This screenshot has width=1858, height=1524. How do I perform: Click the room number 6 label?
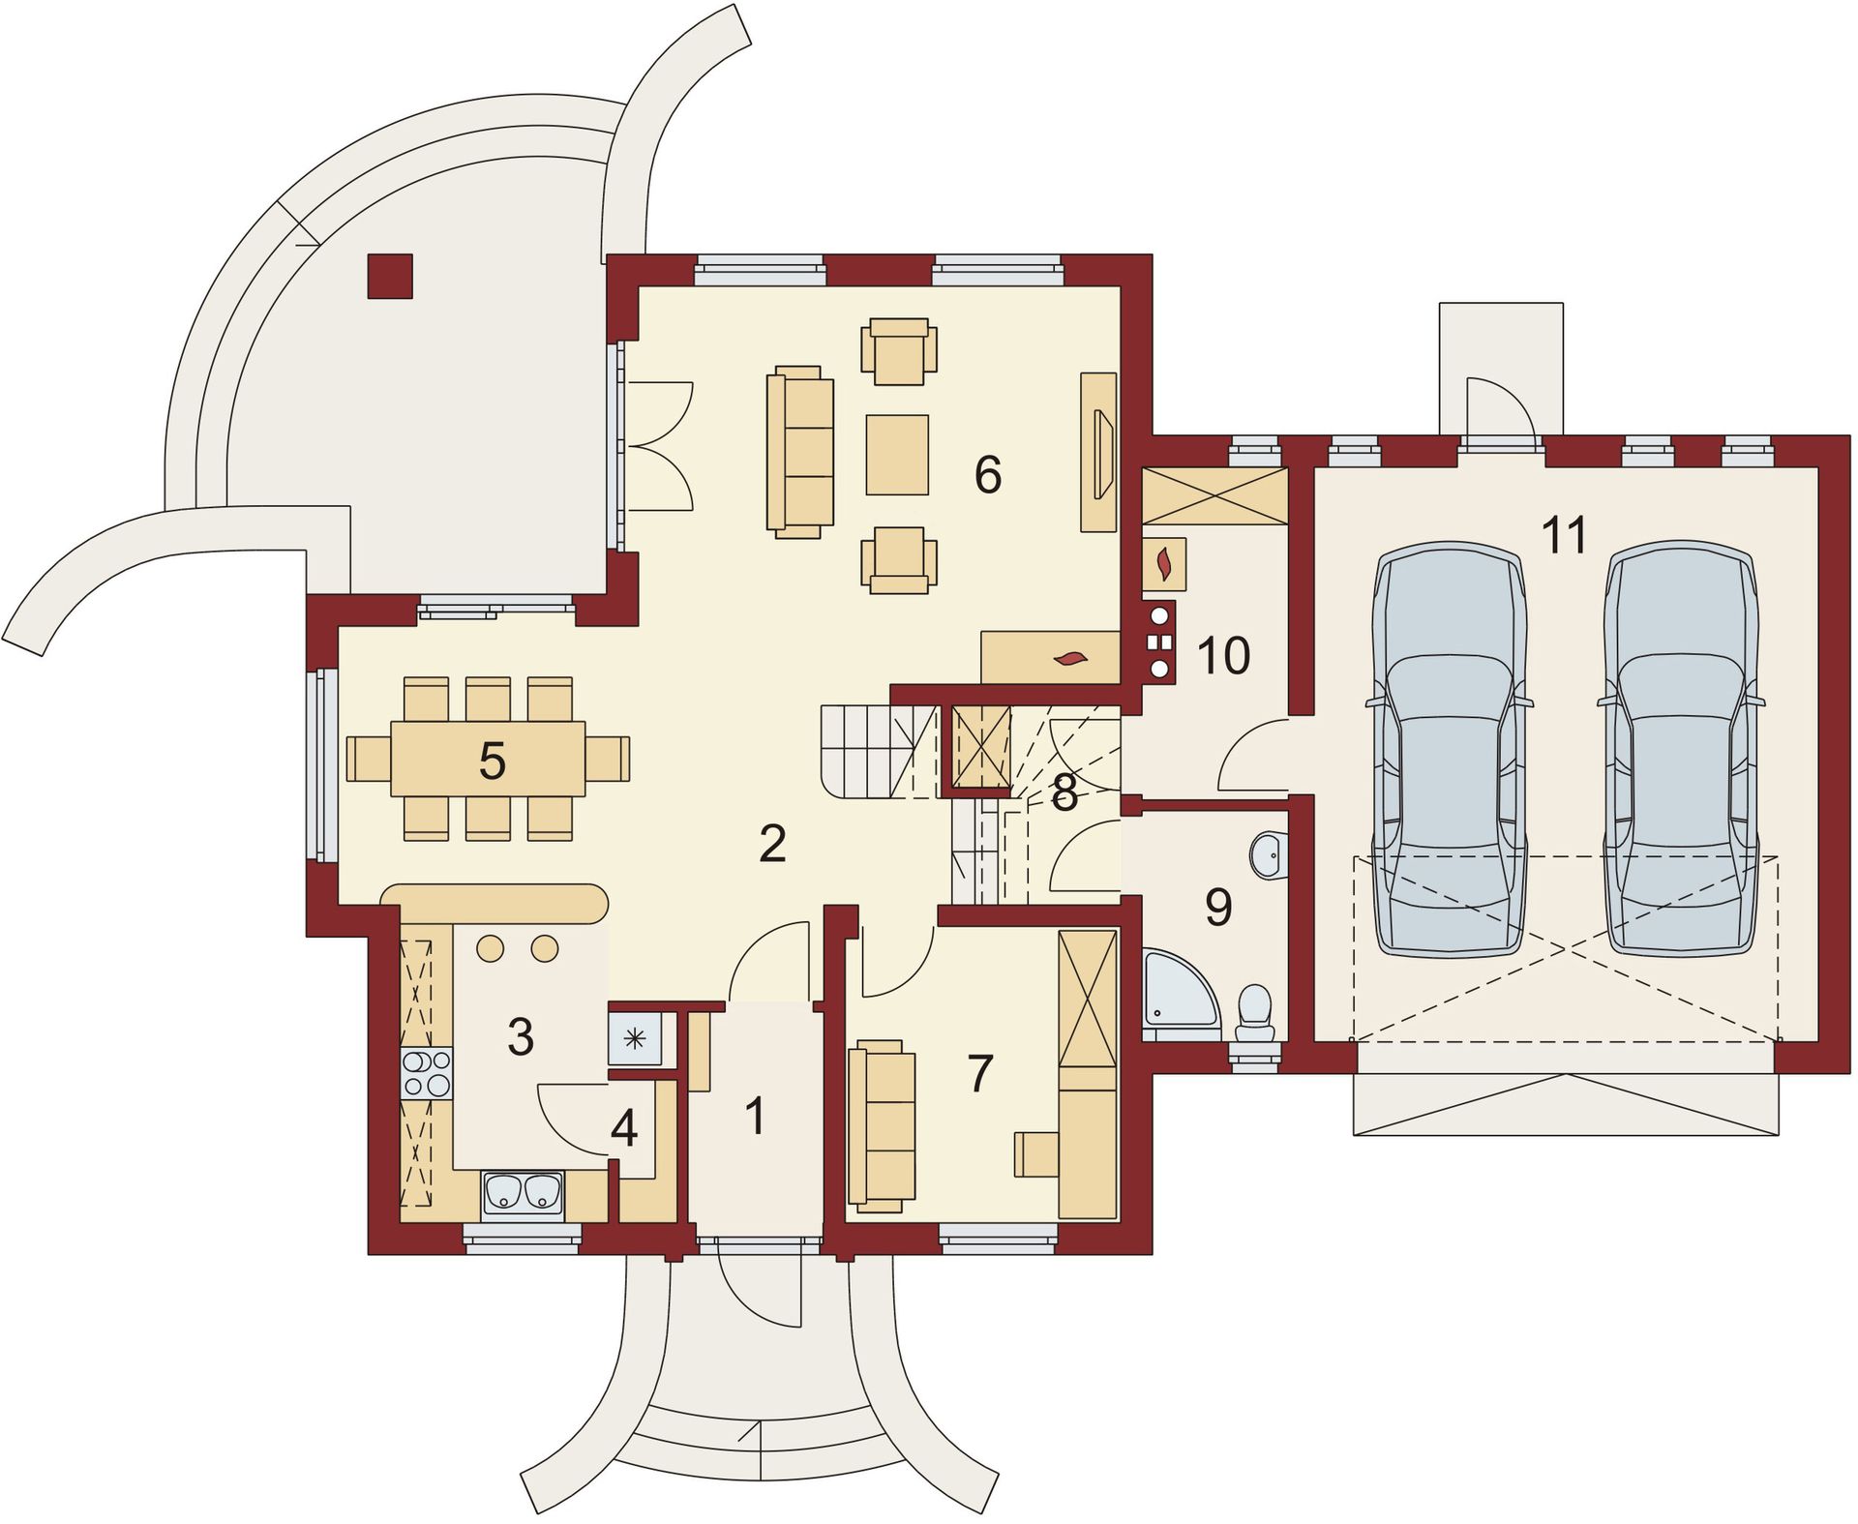988,474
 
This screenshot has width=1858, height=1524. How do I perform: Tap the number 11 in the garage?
1565,534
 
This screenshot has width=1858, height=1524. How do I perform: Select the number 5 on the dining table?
492,761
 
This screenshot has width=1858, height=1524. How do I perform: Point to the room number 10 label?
1224,655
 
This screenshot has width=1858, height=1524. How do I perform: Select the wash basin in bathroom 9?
1269,854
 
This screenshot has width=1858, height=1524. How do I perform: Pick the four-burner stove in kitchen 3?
426,1073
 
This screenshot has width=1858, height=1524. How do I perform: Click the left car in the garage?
1449,749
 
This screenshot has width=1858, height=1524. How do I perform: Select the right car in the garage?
1680,749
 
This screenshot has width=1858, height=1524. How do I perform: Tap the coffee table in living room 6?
897,455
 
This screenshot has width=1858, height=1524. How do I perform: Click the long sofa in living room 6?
800,451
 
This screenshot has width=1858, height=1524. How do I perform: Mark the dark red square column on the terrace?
390,276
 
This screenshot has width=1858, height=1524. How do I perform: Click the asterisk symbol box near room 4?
635,1039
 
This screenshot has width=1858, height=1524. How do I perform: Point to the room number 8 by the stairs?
1064,793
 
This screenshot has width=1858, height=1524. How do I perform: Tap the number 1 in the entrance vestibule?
756,1116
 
